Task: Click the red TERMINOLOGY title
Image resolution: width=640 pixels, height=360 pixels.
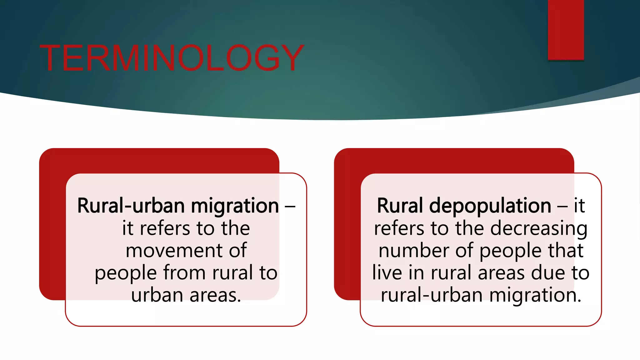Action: (172, 58)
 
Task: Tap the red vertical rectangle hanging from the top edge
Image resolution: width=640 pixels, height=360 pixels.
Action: (566, 30)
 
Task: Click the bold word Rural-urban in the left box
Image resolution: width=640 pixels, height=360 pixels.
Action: (131, 206)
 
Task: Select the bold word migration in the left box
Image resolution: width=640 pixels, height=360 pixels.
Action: (235, 207)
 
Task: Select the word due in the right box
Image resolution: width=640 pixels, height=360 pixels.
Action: (549, 272)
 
